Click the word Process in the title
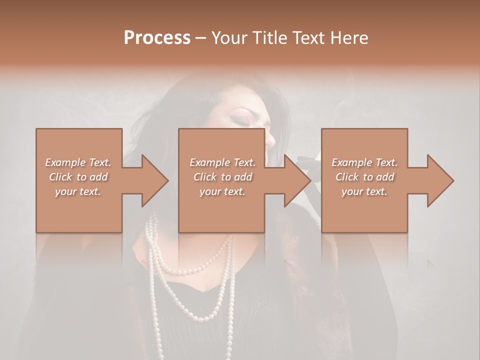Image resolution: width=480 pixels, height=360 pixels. pos(157,37)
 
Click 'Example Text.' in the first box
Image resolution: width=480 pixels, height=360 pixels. pos(78,162)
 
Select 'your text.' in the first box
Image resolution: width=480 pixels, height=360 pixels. pos(78,191)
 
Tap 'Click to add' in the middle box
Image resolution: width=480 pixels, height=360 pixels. pos(222,177)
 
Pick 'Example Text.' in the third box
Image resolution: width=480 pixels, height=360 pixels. pos(364,162)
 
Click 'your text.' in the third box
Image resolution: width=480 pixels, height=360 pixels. pos(364,191)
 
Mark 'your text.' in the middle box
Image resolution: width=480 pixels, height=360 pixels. pos(222,191)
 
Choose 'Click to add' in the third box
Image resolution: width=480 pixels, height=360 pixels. pos(364,177)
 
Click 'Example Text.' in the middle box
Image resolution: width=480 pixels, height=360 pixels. pos(222,162)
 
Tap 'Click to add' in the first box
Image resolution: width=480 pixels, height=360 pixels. pos(78,177)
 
